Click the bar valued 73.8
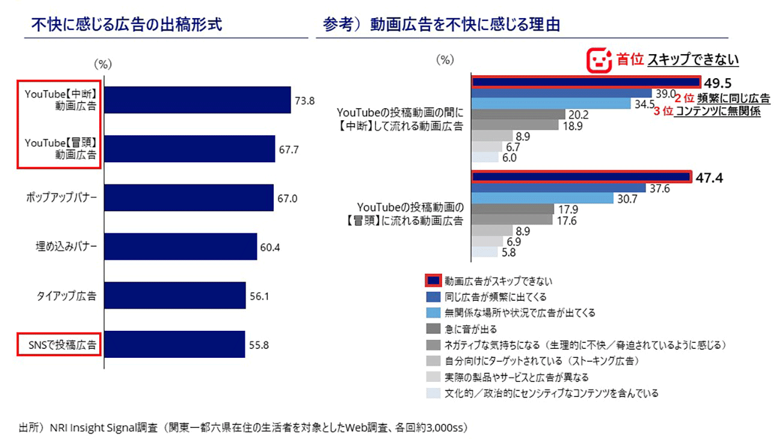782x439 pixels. click(198, 100)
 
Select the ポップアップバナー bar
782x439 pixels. click(189, 198)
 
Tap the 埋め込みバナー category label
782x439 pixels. click(66, 247)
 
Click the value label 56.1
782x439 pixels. click(260, 296)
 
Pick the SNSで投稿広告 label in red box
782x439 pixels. click(58, 345)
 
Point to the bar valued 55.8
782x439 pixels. click(175, 345)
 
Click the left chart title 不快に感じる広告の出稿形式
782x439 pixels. click(126, 25)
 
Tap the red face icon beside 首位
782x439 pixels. click(599, 60)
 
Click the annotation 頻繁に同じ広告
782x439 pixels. click(734, 99)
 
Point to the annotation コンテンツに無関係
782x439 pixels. click(717, 112)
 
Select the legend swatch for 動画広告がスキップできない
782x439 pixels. click(433, 281)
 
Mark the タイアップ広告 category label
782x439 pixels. click(66, 296)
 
